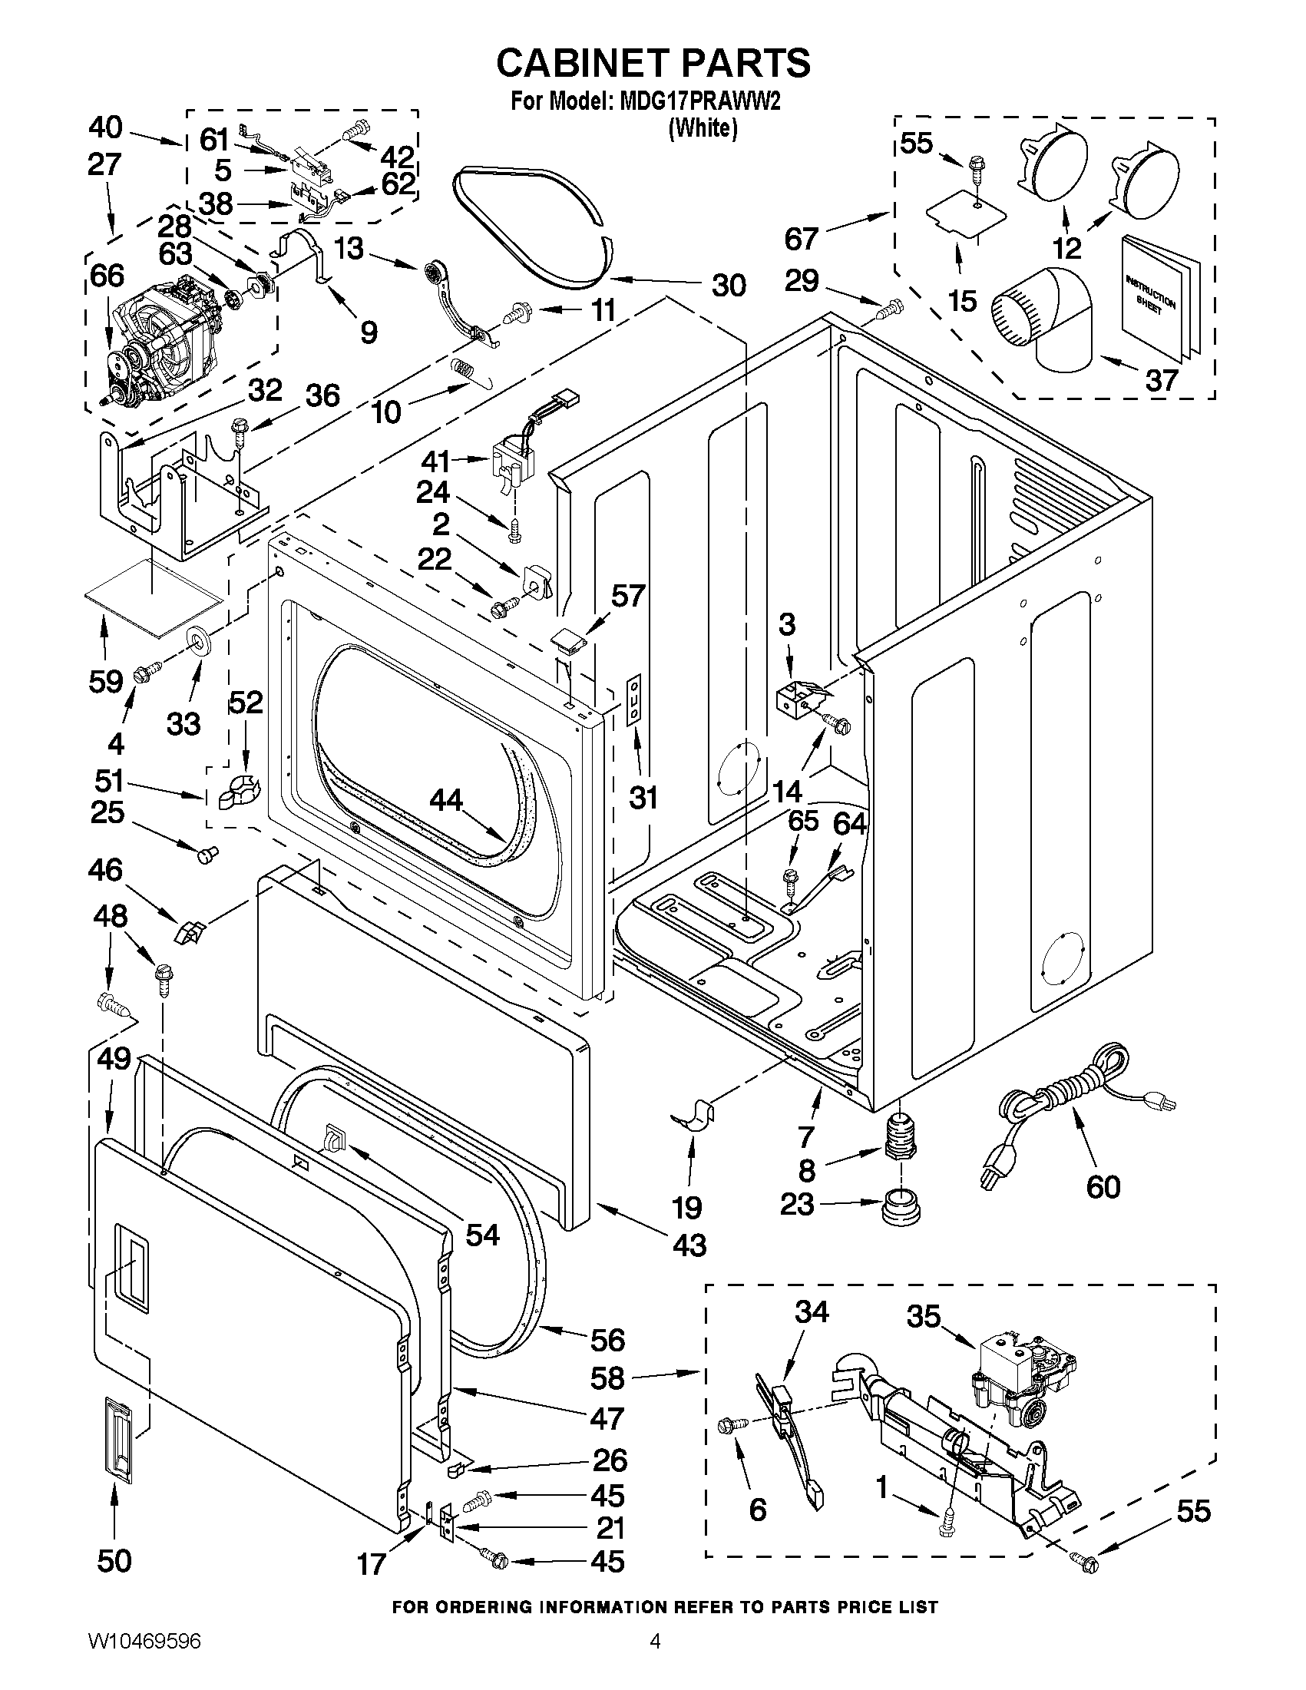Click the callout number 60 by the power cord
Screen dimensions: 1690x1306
tap(1103, 1186)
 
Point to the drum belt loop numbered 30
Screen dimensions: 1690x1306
tap(534, 224)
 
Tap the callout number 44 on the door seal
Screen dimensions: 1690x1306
tap(446, 800)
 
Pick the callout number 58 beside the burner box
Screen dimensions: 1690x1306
tap(607, 1378)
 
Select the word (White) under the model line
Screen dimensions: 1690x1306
tap(703, 127)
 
